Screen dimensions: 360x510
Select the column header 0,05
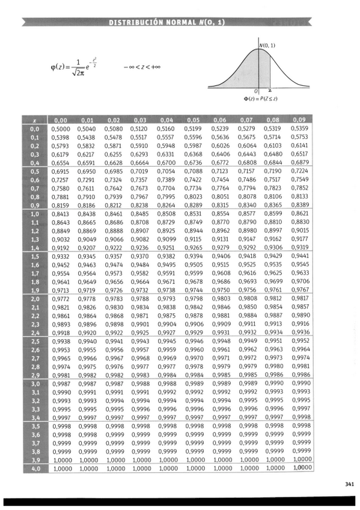coord(194,120)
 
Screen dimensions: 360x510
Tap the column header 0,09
coord(299,120)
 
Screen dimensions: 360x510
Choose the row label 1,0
coord(35,214)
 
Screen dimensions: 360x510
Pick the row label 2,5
coord(35,341)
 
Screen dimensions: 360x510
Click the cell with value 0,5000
coord(61,129)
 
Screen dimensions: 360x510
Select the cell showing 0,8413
coord(61,214)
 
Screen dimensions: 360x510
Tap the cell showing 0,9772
coord(61,298)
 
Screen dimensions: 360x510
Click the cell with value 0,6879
coord(299,162)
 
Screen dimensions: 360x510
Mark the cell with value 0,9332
coord(61,256)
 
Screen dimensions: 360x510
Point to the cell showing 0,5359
coord(299,129)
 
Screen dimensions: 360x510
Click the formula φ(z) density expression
coord(75,67)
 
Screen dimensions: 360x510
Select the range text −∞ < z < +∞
coord(142,67)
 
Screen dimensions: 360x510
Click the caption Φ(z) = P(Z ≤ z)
coord(260,98)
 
